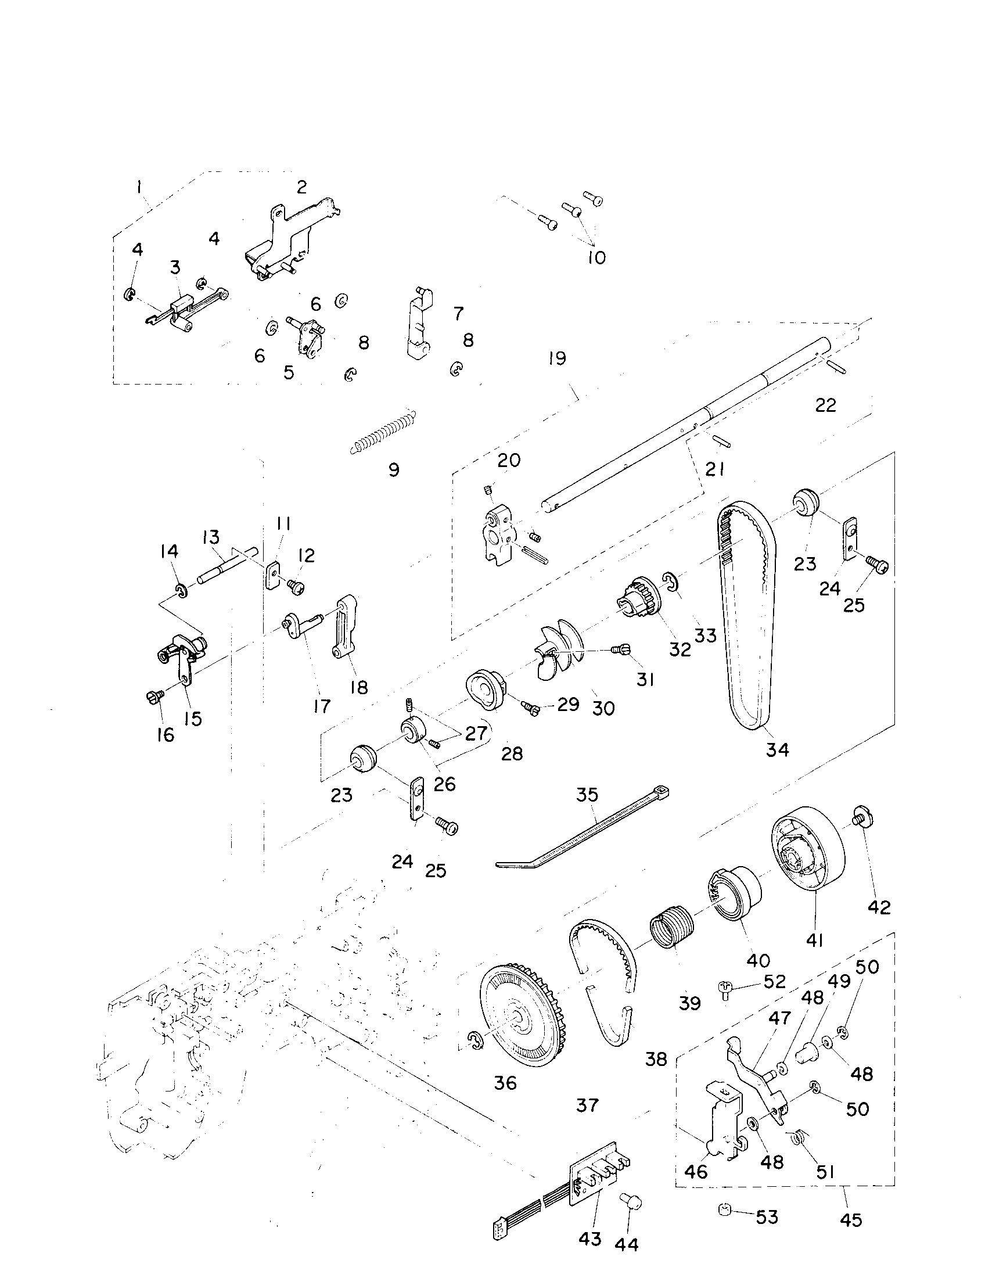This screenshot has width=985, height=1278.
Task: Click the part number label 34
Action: tap(777, 749)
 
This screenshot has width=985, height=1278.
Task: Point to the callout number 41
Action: tap(814, 940)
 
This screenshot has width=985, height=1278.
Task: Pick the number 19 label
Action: tap(558, 358)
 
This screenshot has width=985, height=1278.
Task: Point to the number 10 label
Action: tap(596, 257)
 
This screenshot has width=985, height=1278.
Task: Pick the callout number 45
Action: tap(850, 1220)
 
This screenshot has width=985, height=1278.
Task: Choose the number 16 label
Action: tap(166, 735)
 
